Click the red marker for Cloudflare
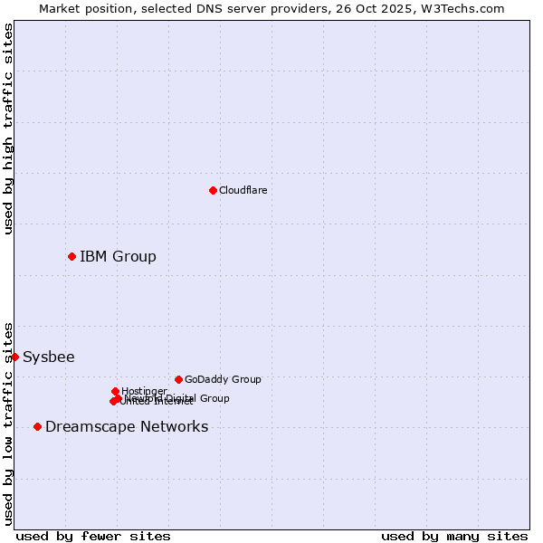coord(213,190)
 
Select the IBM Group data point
coord(71,256)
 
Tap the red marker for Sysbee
coord(14,357)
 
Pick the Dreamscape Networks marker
coord(37,426)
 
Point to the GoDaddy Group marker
coord(178,379)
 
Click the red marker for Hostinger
coord(115,391)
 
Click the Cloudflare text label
coord(243,190)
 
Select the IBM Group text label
coord(118,256)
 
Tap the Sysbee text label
coord(49,357)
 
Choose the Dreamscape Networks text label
coord(127,426)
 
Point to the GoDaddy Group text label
coord(223,379)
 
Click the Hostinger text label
coord(144,391)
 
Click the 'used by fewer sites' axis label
coord(93,536)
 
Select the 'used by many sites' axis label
coord(454,536)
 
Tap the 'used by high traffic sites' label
coord(8,129)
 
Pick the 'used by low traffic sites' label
coord(8,423)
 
